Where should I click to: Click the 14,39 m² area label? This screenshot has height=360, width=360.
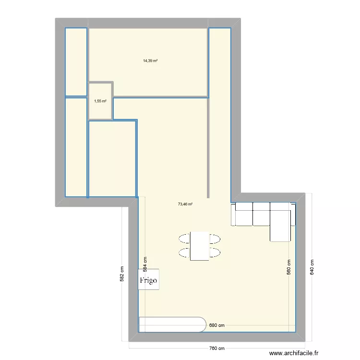tap(150, 61)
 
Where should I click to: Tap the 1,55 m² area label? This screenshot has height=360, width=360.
tap(100, 101)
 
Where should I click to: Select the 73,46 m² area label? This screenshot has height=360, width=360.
tap(185, 204)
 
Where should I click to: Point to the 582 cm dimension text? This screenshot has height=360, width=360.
tap(121, 274)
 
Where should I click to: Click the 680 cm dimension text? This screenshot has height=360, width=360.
tap(217, 325)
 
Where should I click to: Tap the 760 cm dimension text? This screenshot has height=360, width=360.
tap(217, 348)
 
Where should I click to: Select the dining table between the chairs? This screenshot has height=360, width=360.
tap(200, 246)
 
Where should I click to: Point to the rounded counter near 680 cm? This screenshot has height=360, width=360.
tap(172, 324)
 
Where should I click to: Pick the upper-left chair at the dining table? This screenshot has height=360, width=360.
tap(184, 238)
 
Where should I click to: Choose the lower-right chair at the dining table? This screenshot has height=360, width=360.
tap(215, 252)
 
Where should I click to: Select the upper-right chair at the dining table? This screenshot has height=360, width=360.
tap(215, 238)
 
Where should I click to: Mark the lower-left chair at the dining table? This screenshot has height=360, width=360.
tap(184, 252)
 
